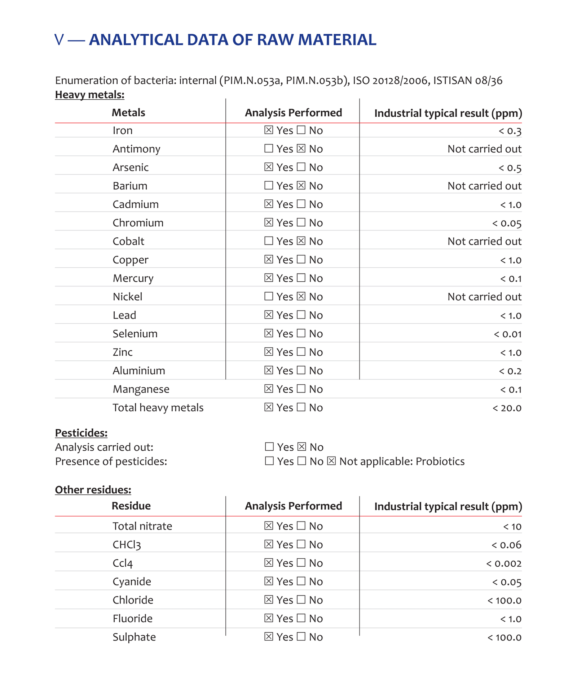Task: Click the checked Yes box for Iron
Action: (x=268, y=130)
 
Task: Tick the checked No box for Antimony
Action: (x=301, y=148)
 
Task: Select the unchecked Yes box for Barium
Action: (x=268, y=185)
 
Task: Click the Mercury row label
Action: (x=133, y=278)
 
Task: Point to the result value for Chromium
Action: (x=507, y=223)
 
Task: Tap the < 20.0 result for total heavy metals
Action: (x=507, y=408)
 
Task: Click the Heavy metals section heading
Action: (x=89, y=95)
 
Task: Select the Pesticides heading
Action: (x=81, y=433)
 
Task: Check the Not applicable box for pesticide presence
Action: (x=331, y=461)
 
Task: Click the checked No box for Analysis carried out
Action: (x=302, y=447)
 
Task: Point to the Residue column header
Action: (x=131, y=506)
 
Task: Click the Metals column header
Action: (x=128, y=113)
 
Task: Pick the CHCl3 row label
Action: (x=127, y=545)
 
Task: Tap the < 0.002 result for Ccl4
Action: (x=503, y=563)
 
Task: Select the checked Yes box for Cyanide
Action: (x=268, y=581)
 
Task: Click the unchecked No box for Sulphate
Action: (x=301, y=636)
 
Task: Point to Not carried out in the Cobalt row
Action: (x=484, y=241)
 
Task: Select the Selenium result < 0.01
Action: (x=507, y=334)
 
